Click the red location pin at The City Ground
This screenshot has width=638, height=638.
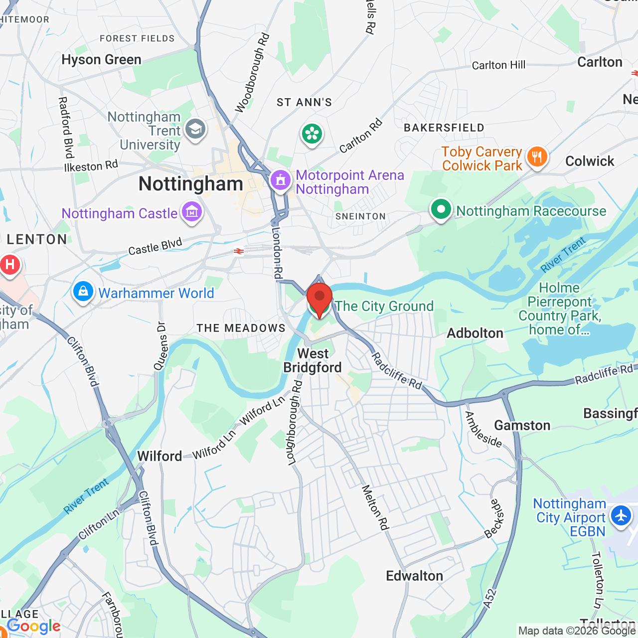tap(319, 298)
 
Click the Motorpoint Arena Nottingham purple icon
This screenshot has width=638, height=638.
tap(280, 180)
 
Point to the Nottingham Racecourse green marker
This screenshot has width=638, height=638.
tap(441, 210)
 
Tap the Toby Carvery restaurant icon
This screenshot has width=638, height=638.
tap(537, 158)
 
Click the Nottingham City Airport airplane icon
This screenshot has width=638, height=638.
tap(621, 516)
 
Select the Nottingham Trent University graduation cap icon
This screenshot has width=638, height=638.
tap(195, 130)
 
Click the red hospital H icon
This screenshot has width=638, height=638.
tap(10, 265)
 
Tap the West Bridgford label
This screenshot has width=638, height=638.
tap(313, 360)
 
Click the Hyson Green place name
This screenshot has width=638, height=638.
tap(102, 60)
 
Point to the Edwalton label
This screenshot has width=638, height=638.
tap(414, 576)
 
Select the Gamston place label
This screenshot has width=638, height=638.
tap(522, 425)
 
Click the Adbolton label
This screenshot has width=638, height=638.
tap(475, 333)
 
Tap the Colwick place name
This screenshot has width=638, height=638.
tap(590, 161)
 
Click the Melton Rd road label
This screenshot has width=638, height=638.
tap(375, 507)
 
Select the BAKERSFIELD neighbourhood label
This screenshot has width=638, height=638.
tap(444, 128)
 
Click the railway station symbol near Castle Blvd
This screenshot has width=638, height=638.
tap(239, 251)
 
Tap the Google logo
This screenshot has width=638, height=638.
tap(34, 626)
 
